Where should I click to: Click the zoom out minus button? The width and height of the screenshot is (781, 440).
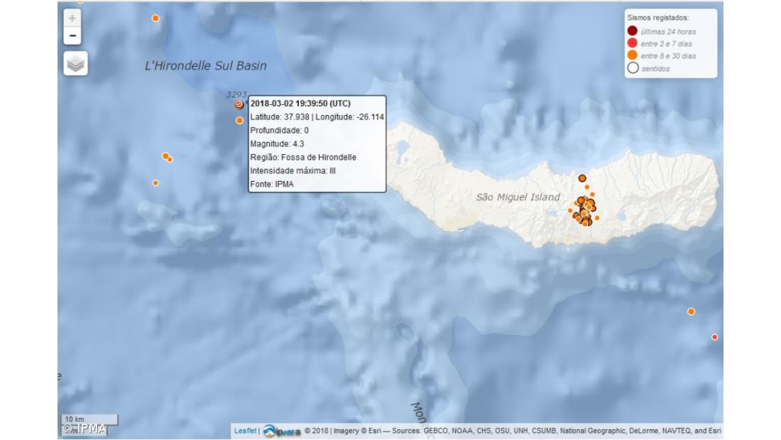[x=72, y=35]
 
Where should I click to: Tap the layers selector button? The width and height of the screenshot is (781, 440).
[x=75, y=63]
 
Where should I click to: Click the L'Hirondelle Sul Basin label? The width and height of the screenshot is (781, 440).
[x=205, y=66]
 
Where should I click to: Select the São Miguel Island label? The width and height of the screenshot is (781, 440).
[x=518, y=197]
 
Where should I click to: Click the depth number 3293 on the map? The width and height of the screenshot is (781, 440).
[x=236, y=94]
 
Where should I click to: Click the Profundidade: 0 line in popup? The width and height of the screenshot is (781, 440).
[x=279, y=131]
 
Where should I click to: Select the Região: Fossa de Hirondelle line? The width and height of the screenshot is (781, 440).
[x=303, y=157]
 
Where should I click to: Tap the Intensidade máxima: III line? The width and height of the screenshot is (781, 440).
[x=293, y=170]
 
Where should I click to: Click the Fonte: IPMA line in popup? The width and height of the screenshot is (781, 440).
[x=272, y=184]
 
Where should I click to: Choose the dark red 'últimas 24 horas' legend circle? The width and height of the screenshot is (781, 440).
[x=632, y=31]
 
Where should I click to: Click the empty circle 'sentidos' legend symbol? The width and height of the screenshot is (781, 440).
[x=632, y=68]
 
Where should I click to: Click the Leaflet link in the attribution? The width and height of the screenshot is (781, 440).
[x=246, y=430]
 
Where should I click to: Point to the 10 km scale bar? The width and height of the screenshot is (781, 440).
[x=89, y=419]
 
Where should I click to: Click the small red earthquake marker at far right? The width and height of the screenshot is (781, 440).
[x=714, y=337]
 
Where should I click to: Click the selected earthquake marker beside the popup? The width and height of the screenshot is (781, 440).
[x=239, y=104]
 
